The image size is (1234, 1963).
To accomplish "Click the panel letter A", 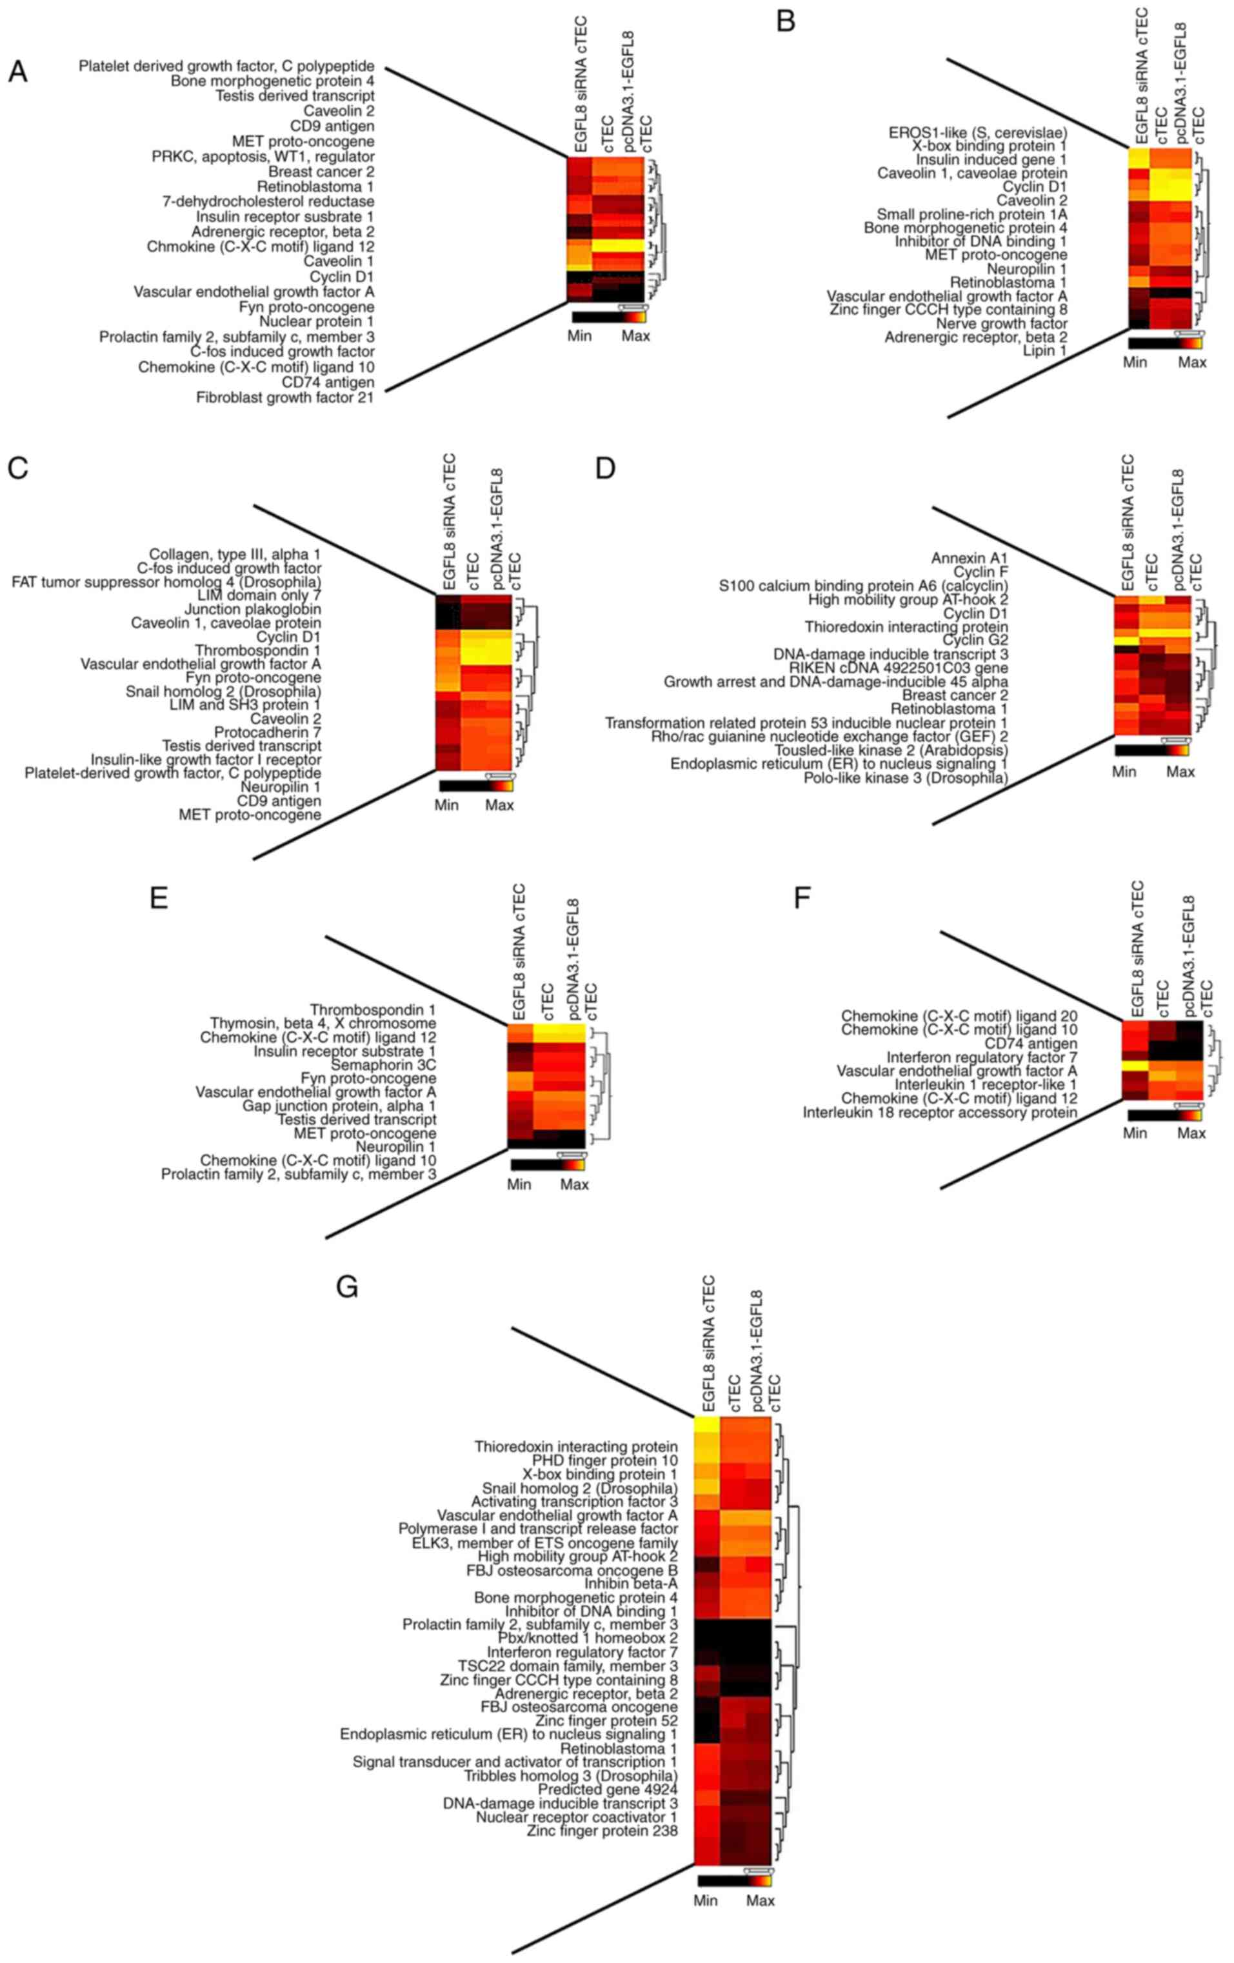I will click(x=18, y=72).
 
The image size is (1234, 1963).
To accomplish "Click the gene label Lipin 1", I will click(x=1045, y=350).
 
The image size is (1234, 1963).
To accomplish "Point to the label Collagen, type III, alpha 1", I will click(x=235, y=554).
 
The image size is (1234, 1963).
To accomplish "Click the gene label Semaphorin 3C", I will click(x=383, y=1064).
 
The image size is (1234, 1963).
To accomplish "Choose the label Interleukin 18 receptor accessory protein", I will click(x=940, y=1112).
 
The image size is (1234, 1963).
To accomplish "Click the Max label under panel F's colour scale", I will click(x=1191, y=1133).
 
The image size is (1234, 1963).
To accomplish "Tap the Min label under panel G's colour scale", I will click(x=705, y=1900).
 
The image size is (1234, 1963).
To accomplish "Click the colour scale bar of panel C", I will click(x=476, y=786).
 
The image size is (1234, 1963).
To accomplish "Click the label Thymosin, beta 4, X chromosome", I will click(x=323, y=1023).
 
